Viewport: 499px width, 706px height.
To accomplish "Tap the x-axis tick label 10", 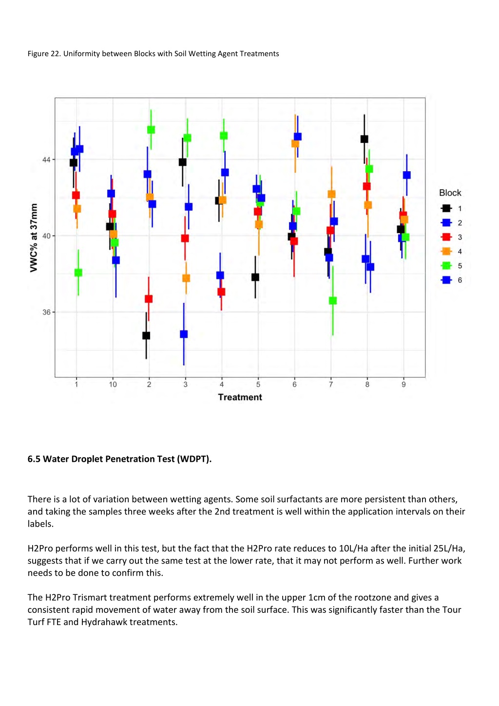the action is (x=113, y=385).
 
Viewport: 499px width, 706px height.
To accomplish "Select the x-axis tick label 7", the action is (x=331, y=385).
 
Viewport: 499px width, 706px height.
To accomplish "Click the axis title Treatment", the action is (x=240, y=397).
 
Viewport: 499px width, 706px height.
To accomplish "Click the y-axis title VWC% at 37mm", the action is (x=34, y=238).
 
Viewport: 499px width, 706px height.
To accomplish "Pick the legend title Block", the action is (x=450, y=193).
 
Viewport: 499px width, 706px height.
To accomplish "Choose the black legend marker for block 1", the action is (x=446, y=208).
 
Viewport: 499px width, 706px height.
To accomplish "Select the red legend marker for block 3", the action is (x=446, y=237).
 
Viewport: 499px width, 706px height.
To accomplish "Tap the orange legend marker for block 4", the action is (x=446, y=251).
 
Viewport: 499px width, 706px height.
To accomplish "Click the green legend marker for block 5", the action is (x=446, y=266).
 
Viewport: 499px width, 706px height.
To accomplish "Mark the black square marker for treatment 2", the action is (x=146, y=335).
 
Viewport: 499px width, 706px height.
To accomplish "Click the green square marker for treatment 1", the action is (x=78, y=273).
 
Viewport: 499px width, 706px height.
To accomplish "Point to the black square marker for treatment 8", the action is (x=364, y=139).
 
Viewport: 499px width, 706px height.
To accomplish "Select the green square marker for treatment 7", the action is (x=333, y=301).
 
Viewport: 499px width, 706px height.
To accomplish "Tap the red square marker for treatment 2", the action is (x=149, y=299).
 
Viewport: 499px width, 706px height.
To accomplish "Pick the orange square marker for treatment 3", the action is (x=186, y=278).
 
